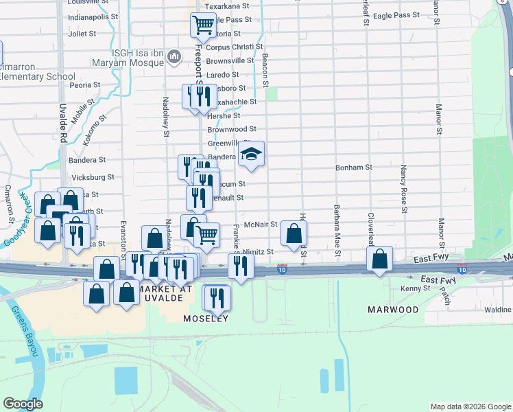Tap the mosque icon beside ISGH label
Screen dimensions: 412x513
(x=174, y=56)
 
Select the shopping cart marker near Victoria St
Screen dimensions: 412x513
(x=204, y=25)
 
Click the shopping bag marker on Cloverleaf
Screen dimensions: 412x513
(x=379, y=260)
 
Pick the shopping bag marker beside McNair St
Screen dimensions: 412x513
(x=294, y=234)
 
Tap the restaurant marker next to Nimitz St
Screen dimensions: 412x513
(x=240, y=265)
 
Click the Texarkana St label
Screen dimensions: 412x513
(x=229, y=5)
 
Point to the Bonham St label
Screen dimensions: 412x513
(x=353, y=167)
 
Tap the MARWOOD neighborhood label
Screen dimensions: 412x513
(x=392, y=310)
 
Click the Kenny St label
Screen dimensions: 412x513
(x=416, y=288)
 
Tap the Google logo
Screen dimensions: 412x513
(x=23, y=404)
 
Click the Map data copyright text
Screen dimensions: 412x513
(x=469, y=407)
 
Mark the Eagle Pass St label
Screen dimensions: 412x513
(x=397, y=14)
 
